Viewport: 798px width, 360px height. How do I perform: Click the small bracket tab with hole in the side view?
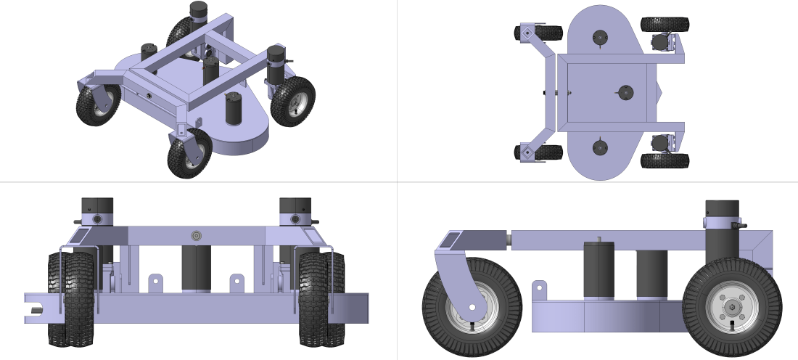538,290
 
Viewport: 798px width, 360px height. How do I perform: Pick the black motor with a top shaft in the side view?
598,269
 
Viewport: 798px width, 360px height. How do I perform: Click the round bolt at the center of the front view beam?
195,235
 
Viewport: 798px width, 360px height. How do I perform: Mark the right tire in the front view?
321,298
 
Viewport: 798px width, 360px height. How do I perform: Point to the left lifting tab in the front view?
155,282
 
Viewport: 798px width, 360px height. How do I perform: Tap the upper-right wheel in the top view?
665,24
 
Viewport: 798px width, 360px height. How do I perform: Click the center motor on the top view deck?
624,92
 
